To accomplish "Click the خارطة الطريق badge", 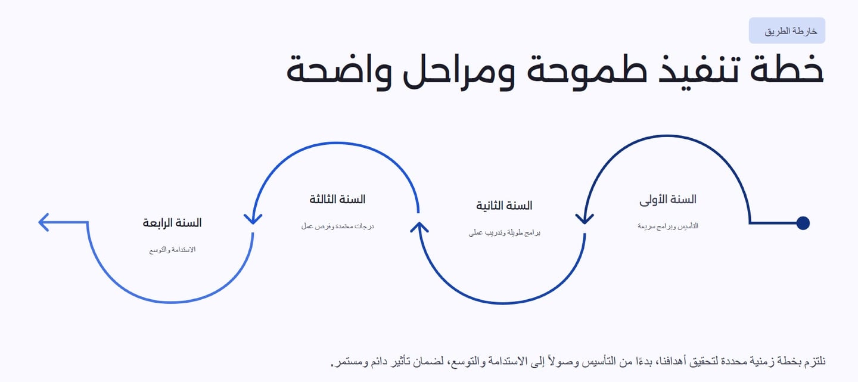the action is [x=786, y=30].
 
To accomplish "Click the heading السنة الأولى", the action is [x=667, y=200].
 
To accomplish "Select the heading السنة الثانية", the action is [x=504, y=206].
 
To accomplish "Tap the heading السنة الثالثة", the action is [x=337, y=199].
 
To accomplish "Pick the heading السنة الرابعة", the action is [x=172, y=223].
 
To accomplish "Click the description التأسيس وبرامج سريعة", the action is [x=667, y=226].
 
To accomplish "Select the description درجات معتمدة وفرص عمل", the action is [x=337, y=226].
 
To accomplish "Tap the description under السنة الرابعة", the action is [x=172, y=250].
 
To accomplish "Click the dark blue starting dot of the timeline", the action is [x=803, y=223].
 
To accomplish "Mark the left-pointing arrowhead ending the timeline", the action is [x=44, y=222].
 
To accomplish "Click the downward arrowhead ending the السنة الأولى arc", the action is [x=585, y=219].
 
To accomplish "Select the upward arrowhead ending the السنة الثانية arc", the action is [x=419, y=227].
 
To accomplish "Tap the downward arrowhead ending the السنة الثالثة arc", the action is [x=253, y=219].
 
